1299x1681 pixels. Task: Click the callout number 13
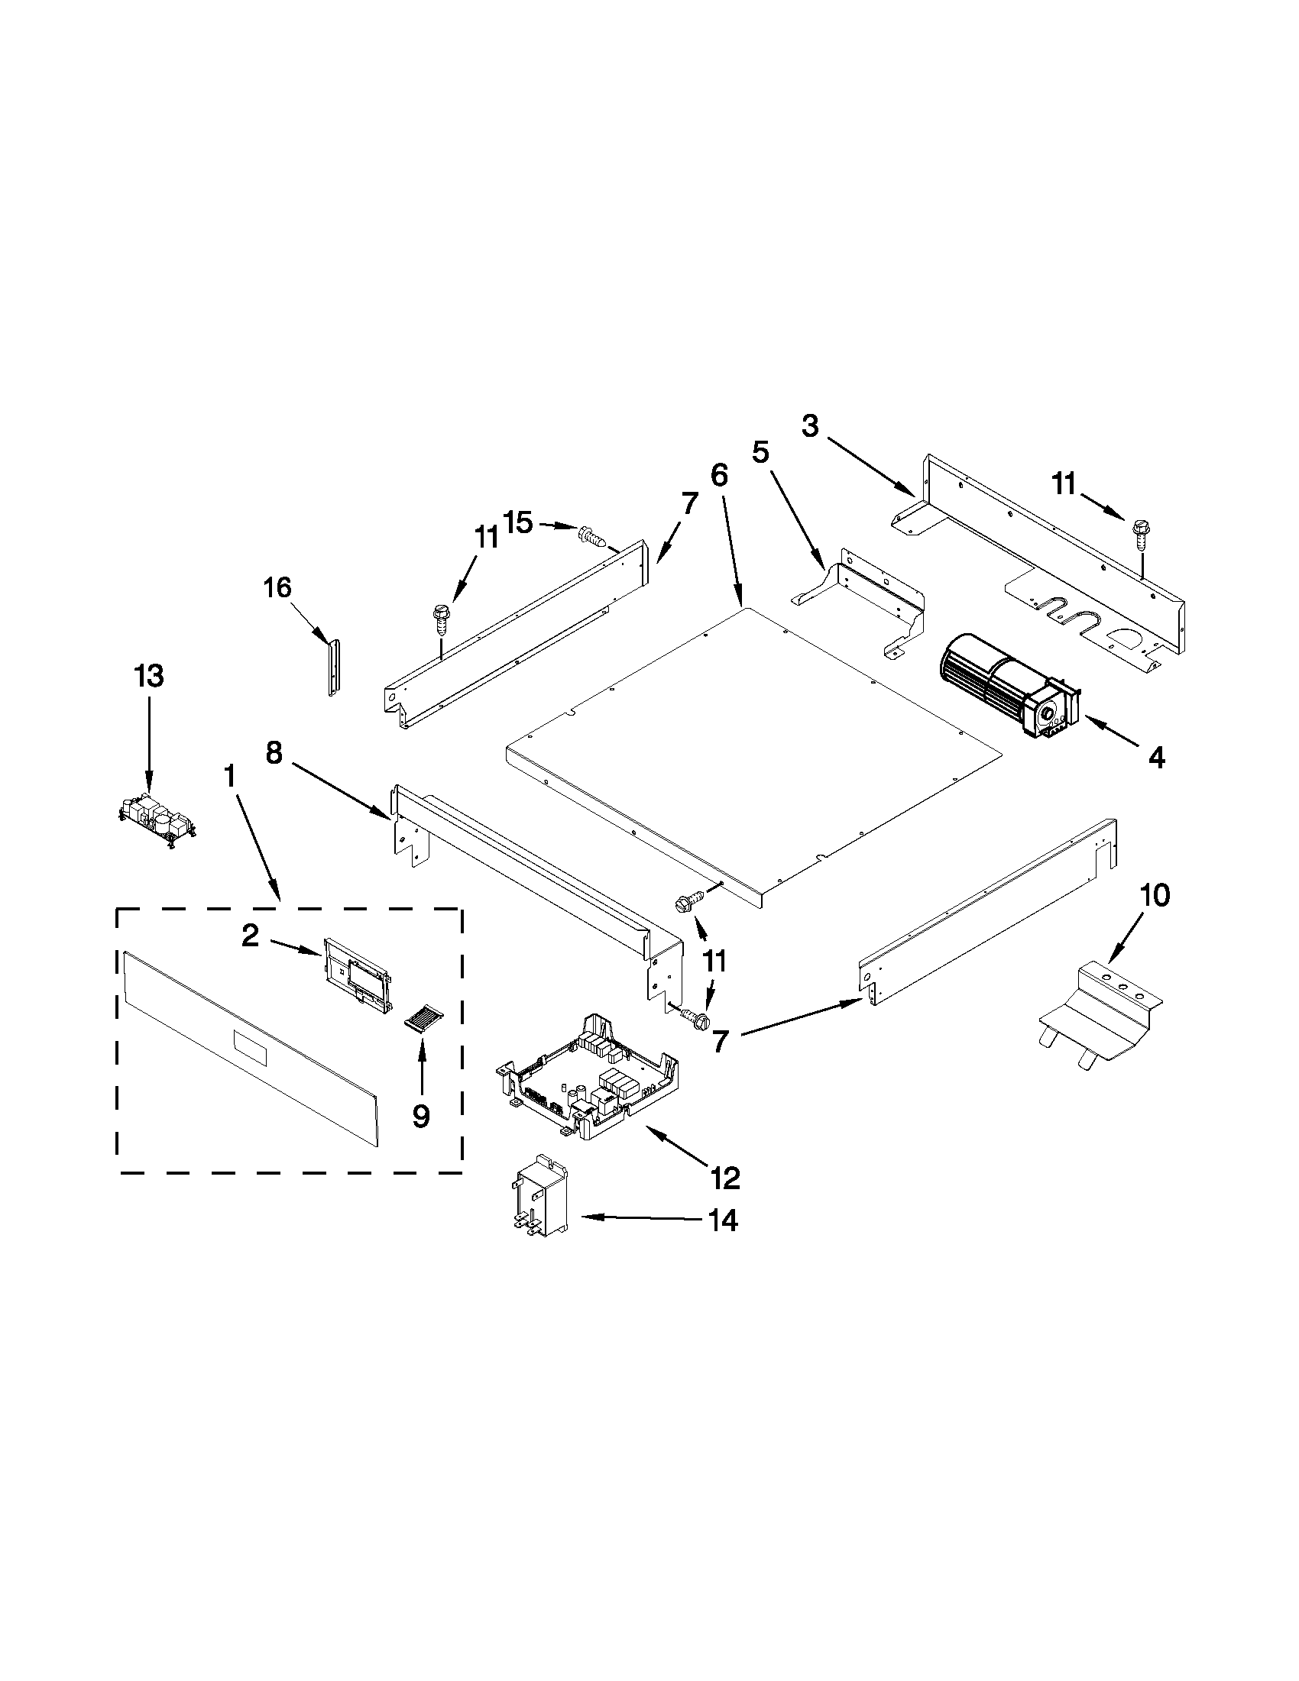(149, 677)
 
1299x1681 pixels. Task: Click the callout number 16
(277, 588)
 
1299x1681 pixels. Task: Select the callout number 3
(810, 425)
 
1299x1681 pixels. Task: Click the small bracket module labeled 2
(358, 971)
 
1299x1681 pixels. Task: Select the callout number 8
(275, 753)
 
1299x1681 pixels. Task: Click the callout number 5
(760, 453)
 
